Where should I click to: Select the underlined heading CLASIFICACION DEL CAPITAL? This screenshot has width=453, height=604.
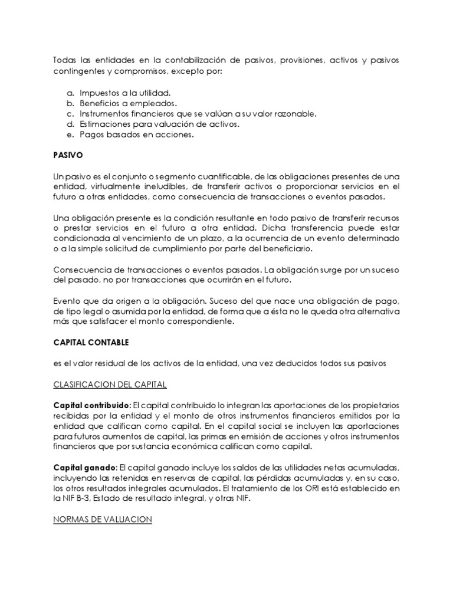coord(110,385)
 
